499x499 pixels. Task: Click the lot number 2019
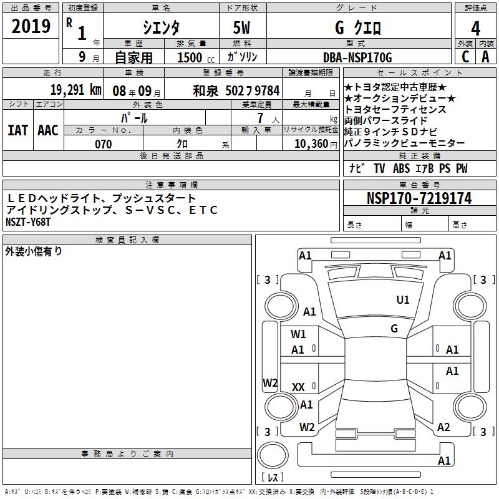pos(31,26)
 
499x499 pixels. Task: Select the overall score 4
pos(475,29)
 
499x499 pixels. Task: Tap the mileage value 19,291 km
pos(76,90)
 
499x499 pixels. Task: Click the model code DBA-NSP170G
pos(357,57)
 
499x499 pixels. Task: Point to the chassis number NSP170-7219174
pos(419,198)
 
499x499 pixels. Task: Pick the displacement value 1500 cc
pos(196,57)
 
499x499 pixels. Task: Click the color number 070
pos(104,144)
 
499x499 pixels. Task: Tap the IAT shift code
pos(18,130)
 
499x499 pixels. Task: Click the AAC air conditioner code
pos(48,130)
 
